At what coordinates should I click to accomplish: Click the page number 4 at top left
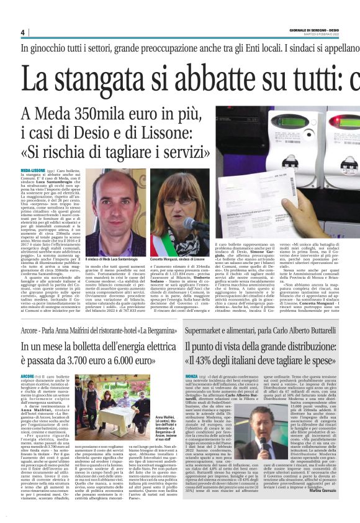23,32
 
